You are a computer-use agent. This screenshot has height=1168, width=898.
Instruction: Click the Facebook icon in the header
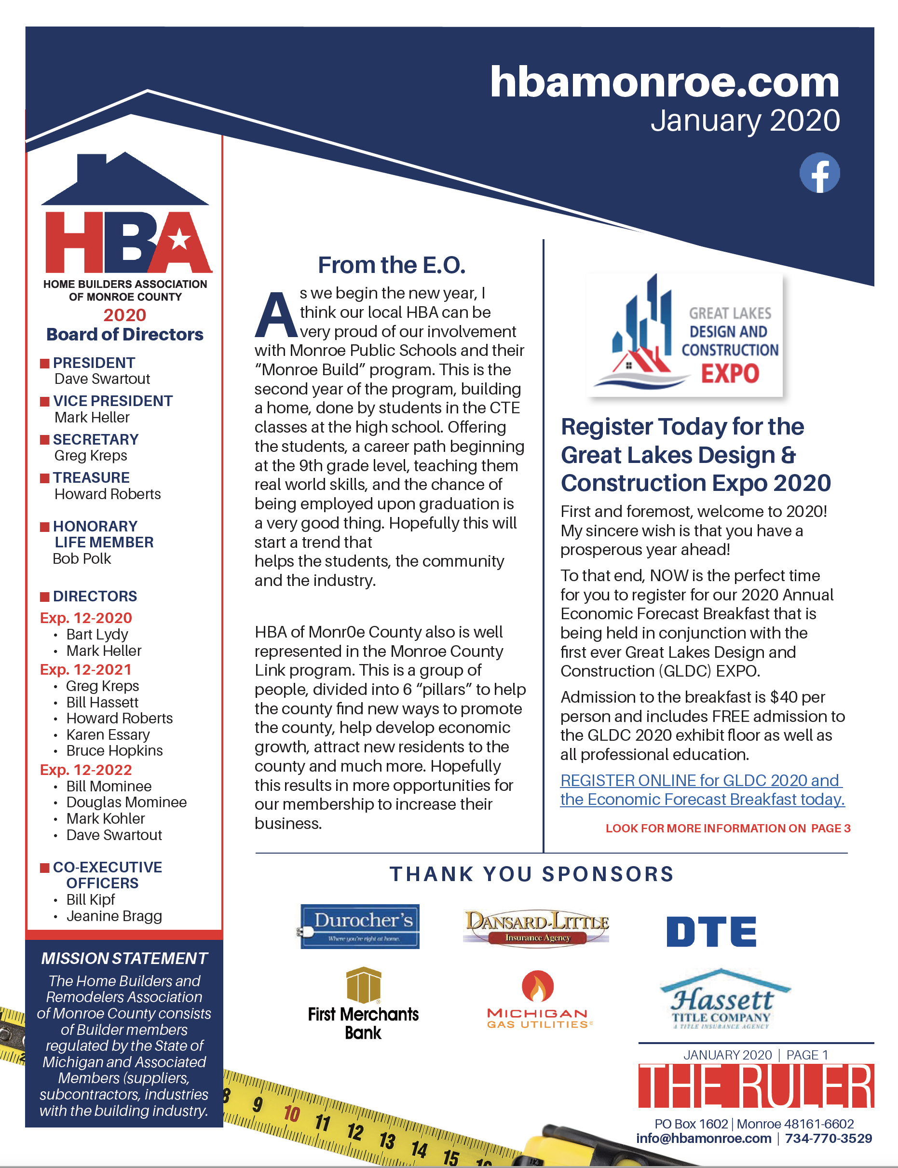(x=819, y=173)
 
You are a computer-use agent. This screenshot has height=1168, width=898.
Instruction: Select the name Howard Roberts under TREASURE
(x=108, y=494)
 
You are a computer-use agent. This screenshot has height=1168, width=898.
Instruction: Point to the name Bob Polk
(x=82, y=558)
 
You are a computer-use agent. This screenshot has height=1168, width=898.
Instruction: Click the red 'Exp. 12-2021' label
(x=85, y=669)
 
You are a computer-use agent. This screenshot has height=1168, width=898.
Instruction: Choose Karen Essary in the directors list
(x=108, y=734)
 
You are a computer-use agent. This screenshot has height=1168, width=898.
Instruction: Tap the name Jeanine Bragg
(x=114, y=916)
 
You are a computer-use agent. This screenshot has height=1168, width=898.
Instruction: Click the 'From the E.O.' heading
(x=391, y=265)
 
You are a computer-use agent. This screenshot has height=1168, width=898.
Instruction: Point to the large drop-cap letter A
(x=275, y=315)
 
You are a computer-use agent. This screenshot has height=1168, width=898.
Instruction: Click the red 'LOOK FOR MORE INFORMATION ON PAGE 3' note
(x=727, y=828)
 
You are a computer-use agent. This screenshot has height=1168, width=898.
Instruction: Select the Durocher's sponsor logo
(x=360, y=926)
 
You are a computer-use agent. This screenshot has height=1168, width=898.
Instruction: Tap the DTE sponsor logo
(x=711, y=931)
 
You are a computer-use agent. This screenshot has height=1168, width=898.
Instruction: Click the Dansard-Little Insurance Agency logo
(x=536, y=926)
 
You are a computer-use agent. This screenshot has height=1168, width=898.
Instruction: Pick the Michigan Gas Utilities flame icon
(x=537, y=986)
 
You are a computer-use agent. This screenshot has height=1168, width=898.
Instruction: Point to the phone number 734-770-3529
(x=828, y=1138)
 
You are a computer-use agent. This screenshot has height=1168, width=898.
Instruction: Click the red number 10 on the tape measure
(x=291, y=1114)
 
